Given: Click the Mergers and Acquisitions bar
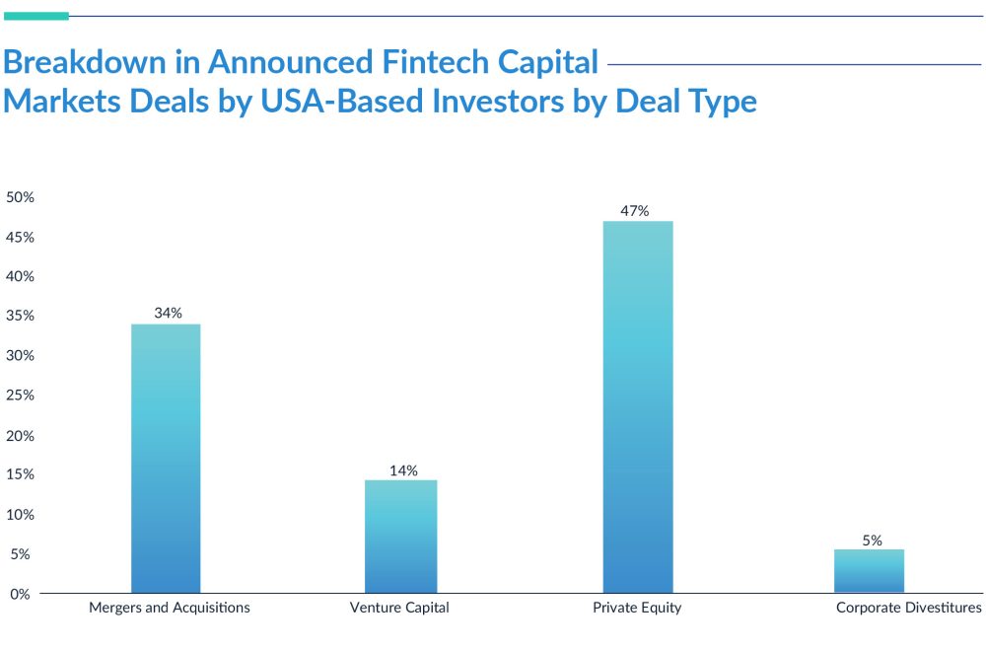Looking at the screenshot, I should pyautogui.click(x=166, y=459).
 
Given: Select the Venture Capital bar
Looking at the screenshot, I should pyautogui.click(x=400, y=537).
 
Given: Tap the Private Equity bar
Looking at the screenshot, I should pyautogui.click(x=637, y=407).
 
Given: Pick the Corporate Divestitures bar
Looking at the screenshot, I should pyautogui.click(x=869, y=571).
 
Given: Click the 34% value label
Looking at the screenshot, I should pyautogui.click(x=168, y=313).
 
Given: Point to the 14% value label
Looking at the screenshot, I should pyautogui.click(x=403, y=469).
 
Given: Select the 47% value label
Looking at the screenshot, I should pyautogui.click(x=635, y=210).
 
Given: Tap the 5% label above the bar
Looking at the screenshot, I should pyautogui.click(x=872, y=540).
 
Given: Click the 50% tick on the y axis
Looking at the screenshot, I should pyautogui.click(x=21, y=197).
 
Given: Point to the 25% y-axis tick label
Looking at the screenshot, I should pyautogui.click(x=21, y=395).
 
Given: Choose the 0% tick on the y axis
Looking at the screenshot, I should pyautogui.click(x=21, y=594).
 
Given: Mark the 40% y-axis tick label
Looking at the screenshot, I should pyautogui.click(x=21, y=276).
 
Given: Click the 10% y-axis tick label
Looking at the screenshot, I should pyautogui.click(x=21, y=514).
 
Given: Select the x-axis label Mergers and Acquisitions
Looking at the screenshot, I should pyautogui.click(x=170, y=608).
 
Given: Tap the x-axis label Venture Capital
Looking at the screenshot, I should pyautogui.click(x=399, y=608).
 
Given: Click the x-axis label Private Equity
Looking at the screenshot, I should pyautogui.click(x=637, y=608).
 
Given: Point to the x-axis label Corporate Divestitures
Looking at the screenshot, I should pyautogui.click(x=909, y=608).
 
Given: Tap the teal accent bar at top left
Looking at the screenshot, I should pyautogui.click(x=35, y=16).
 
